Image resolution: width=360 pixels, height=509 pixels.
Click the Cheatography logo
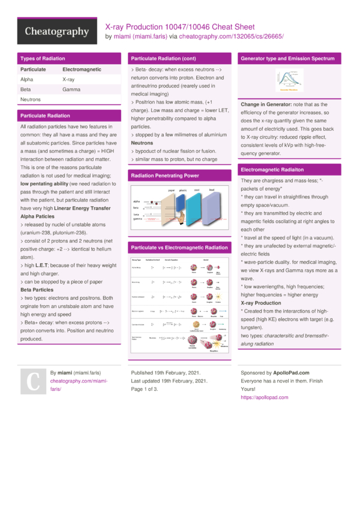[x=57, y=31]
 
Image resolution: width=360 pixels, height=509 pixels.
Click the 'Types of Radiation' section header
[x=43, y=59]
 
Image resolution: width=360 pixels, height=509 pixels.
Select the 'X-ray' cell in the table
[x=68, y=79]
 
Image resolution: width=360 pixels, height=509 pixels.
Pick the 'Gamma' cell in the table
[x=71, y=89]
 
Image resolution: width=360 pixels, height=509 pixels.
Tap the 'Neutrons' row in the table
[x=31, y=100]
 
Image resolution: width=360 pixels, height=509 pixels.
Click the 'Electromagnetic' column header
[x=82, y=70]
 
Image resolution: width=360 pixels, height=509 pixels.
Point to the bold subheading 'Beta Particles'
[x=37, y=289]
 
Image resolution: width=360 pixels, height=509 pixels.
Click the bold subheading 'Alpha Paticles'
[x=37, y=216]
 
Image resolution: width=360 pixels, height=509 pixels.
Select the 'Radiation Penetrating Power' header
[x=164, y=176]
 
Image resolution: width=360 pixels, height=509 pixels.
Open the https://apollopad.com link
[x=264, y=397]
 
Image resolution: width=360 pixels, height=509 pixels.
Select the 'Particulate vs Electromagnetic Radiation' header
[x=179, y=247]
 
